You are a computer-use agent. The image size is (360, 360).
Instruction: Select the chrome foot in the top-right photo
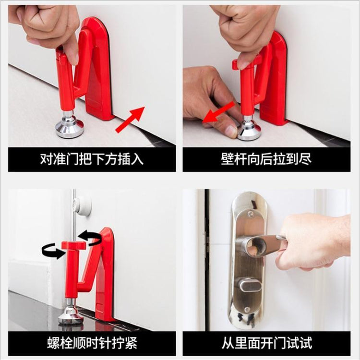(250, 130)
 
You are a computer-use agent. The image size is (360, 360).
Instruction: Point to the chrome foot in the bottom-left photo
(71, 315)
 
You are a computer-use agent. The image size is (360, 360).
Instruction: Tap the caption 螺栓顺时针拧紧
(92, 343)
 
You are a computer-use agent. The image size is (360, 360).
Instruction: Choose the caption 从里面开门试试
(266, 343)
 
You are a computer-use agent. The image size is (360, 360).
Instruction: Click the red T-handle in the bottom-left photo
(72, 246)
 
